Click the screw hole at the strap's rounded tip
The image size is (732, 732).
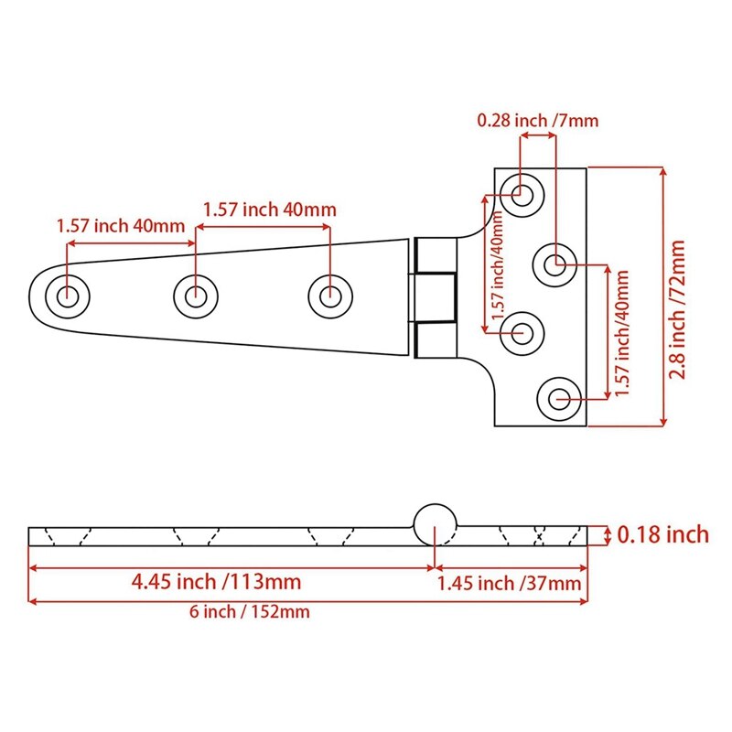(x=68, y=296)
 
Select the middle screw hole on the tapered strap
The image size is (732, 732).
(x=195, y=296)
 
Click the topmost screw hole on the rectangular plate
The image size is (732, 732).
(x=522, y=193)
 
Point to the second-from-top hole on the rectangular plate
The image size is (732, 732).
(x=554, y=264)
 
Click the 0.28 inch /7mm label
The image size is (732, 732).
(x=536, y=120)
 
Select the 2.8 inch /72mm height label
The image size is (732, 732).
(x=677, y=296)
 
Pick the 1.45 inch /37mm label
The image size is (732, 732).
(x=509, y=583)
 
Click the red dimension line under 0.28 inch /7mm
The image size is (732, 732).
(x=538, y=135)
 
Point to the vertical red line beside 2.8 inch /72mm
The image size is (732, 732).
(x=661, y=296)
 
